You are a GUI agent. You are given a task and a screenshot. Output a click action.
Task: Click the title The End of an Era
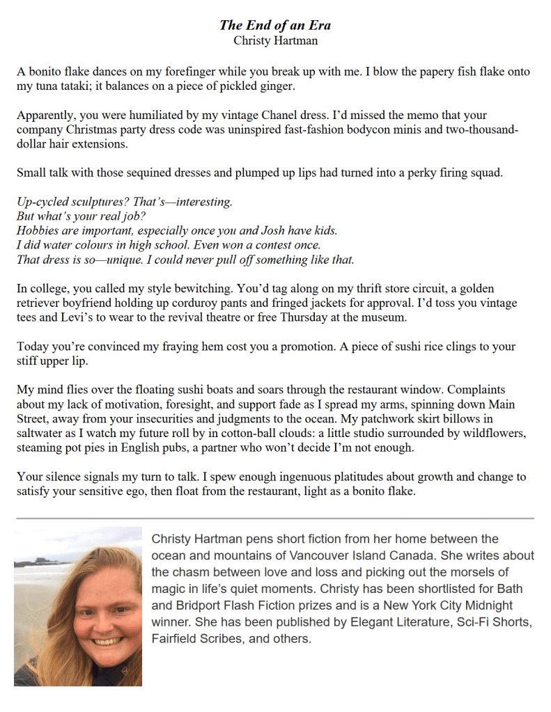(275, 25)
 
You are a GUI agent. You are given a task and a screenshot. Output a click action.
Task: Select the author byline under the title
(275, 40)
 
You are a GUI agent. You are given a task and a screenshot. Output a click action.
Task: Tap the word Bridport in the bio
(188, 606)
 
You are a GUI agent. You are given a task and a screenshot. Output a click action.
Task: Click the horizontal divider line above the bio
(275, 519)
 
